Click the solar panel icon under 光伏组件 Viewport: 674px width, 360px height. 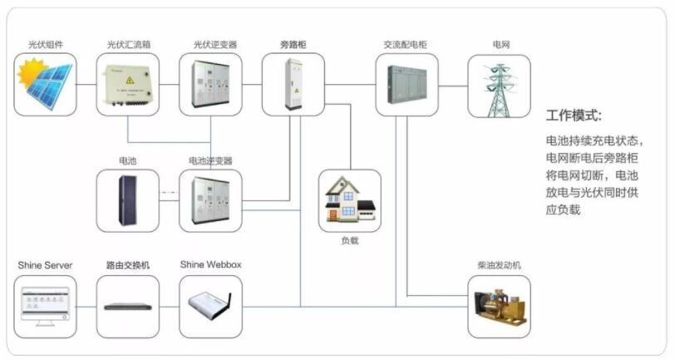tap(46, 85)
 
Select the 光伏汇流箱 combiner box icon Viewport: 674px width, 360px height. tap(128, 85)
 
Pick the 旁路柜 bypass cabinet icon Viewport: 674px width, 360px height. tap(293, 85)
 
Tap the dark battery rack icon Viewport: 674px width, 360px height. tap(127, 200)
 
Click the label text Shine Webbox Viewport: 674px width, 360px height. tap(210, 265)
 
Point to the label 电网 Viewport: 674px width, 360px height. tap(501, 44)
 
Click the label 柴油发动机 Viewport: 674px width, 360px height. tap(501, 265)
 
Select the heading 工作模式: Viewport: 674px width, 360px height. tap(573, 115)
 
